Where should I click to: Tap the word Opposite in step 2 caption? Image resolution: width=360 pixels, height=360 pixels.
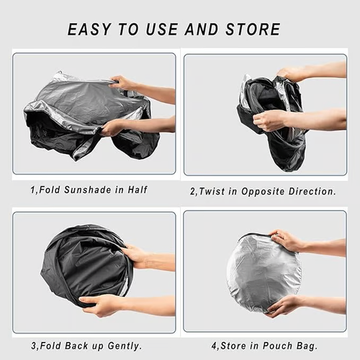(x=270, y=192)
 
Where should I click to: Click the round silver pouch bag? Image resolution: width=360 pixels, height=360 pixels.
(x=262, y=272)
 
